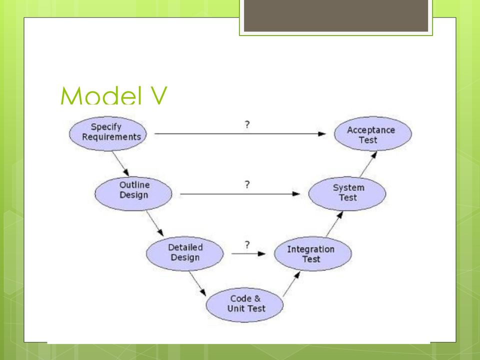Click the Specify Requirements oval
(108, 133)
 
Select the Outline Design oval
(133, 193)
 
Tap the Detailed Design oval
(185, 253)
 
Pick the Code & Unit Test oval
(244, 304)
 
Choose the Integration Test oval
(313, 253)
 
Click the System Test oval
(347, 193)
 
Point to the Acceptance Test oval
(373, 133)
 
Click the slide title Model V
(114, 95)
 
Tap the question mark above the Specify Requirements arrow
(247, 124)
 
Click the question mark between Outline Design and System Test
(247, 184)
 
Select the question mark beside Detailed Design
(247, 244)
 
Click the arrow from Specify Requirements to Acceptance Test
(240, 134)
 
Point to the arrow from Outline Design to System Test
(240, 194)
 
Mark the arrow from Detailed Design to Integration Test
(248, 253)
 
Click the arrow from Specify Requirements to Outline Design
(120, 163)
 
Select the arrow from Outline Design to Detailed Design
(154, 223)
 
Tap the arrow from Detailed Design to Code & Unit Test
(197, 283)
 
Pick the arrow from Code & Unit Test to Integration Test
(291, 284)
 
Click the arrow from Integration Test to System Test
(334, 224)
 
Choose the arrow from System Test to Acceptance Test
(368, 164)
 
